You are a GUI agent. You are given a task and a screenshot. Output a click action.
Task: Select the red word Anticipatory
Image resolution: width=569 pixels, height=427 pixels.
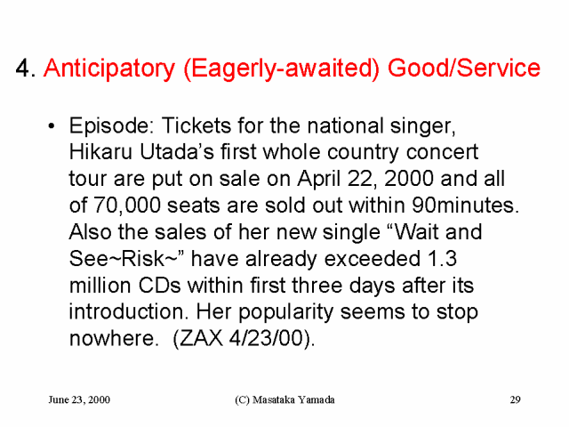coord(109,69)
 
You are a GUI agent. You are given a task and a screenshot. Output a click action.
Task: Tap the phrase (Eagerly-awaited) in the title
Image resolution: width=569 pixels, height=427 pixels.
coord(282,69)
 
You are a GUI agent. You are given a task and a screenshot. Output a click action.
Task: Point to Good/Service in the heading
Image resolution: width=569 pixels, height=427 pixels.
coord(464,68)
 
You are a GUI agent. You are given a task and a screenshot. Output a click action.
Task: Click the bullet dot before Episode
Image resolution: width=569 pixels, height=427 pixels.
coord(52,126)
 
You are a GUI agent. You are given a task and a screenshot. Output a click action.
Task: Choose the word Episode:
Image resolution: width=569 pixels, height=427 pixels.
coord(114,126)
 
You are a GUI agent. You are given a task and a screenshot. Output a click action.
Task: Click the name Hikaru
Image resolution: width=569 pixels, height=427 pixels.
coord(100,152)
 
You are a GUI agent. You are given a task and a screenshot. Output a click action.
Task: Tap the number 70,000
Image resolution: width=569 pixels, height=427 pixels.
coord(127,205)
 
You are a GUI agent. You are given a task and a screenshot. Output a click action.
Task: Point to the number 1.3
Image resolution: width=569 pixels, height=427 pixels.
coord(442,259)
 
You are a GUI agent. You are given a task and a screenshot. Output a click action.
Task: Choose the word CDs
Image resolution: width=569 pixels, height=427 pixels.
coord(159,286)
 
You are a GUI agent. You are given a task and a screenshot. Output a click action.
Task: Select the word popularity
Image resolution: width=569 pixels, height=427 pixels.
coord(285,312)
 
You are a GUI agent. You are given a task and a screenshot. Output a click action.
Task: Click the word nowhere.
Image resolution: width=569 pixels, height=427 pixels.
coord(114,338)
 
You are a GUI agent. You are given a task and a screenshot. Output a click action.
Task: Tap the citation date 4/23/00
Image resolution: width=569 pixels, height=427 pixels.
coord(266,338)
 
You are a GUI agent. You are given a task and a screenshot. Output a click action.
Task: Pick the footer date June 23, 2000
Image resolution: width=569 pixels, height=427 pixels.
coord(79,399)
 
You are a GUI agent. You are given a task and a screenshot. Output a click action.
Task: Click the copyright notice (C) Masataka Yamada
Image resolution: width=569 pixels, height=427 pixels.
coord(284,399)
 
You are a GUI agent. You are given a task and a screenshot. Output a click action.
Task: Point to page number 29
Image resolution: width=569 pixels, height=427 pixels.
coord(516,399)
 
